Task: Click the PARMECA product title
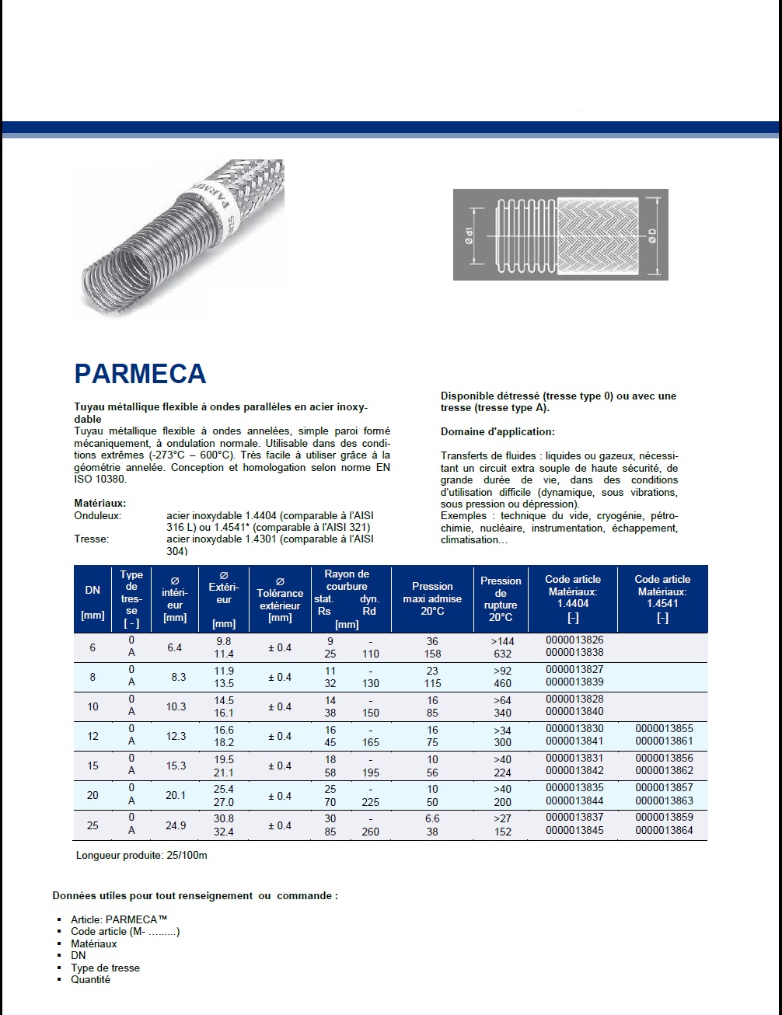click(140, 374)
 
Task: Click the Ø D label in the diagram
click(653, 235)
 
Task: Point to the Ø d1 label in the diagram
click(468, 235)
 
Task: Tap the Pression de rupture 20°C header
click(501, 598)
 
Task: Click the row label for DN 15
click(93, 766)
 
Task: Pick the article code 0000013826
click(574, 640)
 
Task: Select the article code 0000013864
click(663, 831)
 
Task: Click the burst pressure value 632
click(503, 654)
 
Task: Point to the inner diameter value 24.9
click(176, 825)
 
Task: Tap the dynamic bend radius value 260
click(371, 832)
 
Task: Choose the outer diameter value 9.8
click(224, 641)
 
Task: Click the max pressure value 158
click(432, 654)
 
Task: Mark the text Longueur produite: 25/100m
click(141, 856)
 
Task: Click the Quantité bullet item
click(90, 980)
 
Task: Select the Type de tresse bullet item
click(105, 968)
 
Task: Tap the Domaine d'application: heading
click(497, 431)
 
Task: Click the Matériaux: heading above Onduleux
click(100, 504)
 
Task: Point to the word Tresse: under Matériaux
click(92, 539)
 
